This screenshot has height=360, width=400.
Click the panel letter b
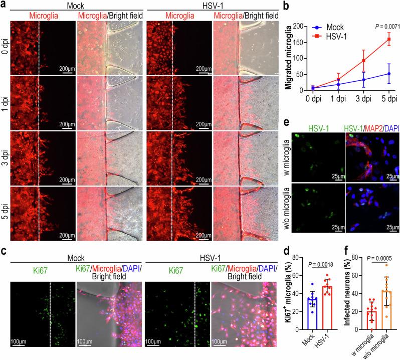click(286, 6)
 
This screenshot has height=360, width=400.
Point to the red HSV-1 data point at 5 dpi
click(387, 39)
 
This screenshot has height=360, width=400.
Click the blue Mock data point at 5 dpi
click(387, 74)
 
